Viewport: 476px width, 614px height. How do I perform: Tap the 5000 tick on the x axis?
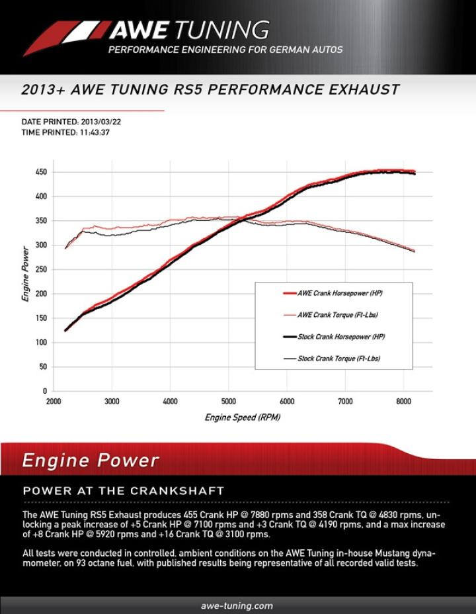tap(228, 401)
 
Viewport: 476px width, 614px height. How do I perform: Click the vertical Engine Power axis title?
tap(25, 274)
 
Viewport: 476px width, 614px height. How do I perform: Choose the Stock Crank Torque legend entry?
tap(338, 359)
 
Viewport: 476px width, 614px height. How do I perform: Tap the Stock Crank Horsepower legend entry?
tap(340, 337)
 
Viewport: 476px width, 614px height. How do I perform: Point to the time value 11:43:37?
tap(92, 132)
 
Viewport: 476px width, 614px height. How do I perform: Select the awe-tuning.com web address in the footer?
tap(237, 605)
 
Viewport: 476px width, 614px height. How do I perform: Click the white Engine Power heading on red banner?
tap(91, 460)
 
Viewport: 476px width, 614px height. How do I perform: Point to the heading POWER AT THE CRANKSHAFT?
tap(124, 491)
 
